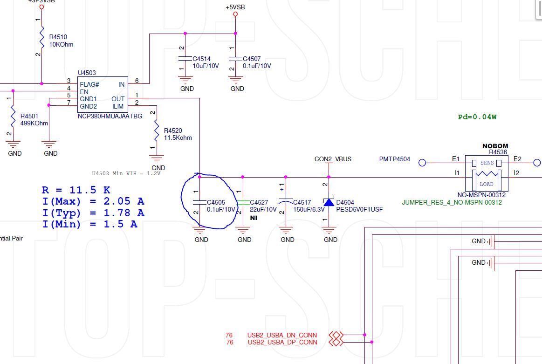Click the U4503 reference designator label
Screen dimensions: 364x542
(x=87, y=73)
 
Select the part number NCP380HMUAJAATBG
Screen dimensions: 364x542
(x=110, y=117)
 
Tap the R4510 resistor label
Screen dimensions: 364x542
(x=58, y=37)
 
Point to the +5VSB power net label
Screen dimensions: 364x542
(x=235, y=7)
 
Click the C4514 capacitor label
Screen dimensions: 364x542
(x=202, y=59)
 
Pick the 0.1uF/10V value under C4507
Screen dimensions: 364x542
(x=257, y=66)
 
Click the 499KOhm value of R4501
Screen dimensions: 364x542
(x=34, y=124)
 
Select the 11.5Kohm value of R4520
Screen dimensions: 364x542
(x=178, y=137)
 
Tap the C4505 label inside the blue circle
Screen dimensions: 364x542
(x=216, y=202)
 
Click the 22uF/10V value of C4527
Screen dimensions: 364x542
(x=263, y=210)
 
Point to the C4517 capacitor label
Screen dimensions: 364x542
(x=302, y=202)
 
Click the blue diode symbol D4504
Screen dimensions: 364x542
(x=329, y=202)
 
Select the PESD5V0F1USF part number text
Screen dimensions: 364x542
(x=359, y=210)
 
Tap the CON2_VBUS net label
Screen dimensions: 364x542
(x=333, y=159)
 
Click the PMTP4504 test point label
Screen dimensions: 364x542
(x=395, y=159)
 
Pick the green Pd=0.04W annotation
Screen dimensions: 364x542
(x=477, y=117)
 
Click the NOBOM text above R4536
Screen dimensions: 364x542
(x=495, y=146)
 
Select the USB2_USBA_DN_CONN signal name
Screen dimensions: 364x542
(x=282, y=335)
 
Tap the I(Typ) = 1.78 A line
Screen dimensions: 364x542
(x=93, y=213)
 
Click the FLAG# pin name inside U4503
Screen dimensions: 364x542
(x=89, y=84)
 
